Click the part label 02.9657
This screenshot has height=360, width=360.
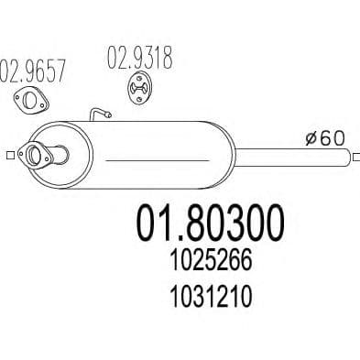pyautogui.click(x=37, y=71)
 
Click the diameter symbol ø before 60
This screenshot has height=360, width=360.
pyautogui.click(x=311, y=139)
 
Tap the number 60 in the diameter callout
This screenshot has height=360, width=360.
pyautogui.click(x=333, y=139)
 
